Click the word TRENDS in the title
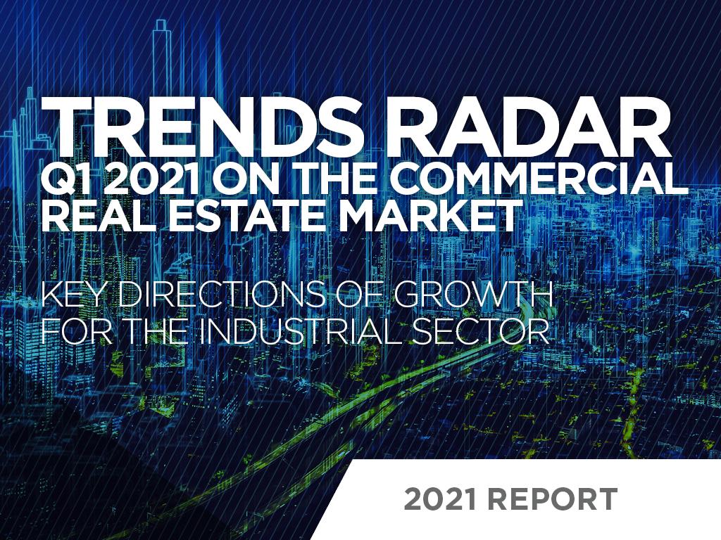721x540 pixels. click(x=199, y=128)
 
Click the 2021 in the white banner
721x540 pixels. click(x=440, y=499)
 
